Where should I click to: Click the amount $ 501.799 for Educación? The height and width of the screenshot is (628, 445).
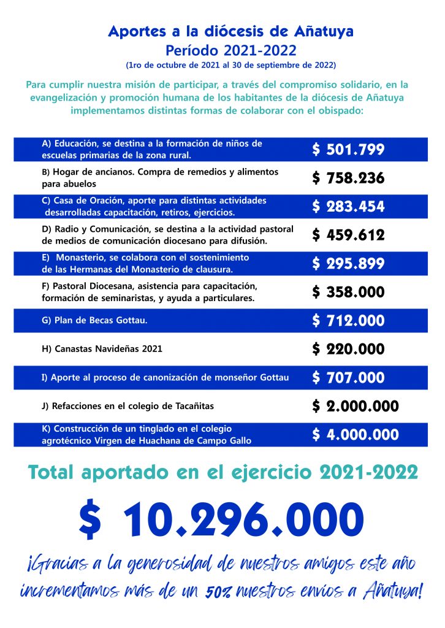[x=348, y=150]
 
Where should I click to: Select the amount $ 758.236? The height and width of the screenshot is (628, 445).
[x=348, y=178]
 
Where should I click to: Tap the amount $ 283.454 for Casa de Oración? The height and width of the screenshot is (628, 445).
[x=348, y=207]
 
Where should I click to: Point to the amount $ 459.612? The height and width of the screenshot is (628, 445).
[x=348, y=235]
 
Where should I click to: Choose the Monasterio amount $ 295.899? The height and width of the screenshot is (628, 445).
[x=348, y=264]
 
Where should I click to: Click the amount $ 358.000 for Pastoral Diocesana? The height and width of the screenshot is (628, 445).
[x=348, y=292]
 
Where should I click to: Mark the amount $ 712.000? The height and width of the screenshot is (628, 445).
[x=348, y=320]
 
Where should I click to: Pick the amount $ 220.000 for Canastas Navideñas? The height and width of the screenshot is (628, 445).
[x=348, y=349]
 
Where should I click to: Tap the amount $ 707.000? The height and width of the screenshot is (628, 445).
[x=348, y=377]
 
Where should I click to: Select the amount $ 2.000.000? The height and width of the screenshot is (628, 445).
[x=356, y=406]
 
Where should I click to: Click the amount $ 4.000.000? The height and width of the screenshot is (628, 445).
[x=356, y=434]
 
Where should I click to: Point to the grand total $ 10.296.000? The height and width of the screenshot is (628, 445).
[x=221, y=521]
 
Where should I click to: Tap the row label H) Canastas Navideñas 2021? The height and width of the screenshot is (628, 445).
[x=102, y=349]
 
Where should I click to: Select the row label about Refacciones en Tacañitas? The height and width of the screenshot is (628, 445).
[x=127, y=406]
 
